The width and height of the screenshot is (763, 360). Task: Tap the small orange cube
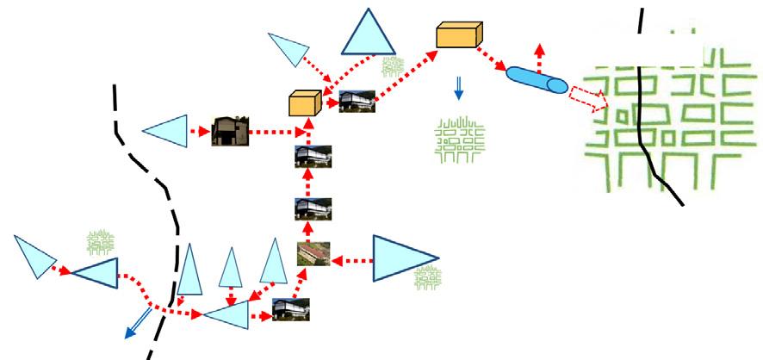pyautogui.click(x=305, y=102)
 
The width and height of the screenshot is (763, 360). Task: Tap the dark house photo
pyautogui.click(x=230, y=131)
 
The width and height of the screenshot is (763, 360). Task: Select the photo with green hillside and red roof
pyautogui.click(x=313, y=254)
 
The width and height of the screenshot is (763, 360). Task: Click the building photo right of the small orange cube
pyautogui.click(x=356, y=102)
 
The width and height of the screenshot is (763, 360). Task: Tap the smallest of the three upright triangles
pyautogui.click(x=230, y=269)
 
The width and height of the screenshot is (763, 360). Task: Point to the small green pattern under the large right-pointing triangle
pyautogui.click(x=426, y=276)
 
